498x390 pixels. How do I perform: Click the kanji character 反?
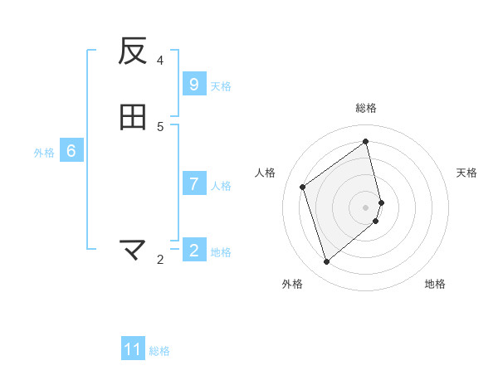pos(133,51)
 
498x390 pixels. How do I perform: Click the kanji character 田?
pos(133,118)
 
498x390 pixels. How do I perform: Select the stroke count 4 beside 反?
pos(160,60)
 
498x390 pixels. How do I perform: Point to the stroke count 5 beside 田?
pos(160,126)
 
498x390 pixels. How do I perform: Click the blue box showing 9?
pos(193,85)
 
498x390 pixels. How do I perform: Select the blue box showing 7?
pos(193,184)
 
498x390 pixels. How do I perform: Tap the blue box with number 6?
pos(71,151)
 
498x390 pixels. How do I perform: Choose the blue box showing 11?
pos(133,349)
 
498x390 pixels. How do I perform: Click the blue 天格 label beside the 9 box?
pos(221,86)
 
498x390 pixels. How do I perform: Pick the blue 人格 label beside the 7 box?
pos(221,186)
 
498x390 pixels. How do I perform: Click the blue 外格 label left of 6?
pos(44,153)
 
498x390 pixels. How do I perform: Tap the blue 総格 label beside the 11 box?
pos(159,351)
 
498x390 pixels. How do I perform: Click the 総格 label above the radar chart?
pos(366,108)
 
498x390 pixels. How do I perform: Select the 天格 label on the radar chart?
pos(467,173)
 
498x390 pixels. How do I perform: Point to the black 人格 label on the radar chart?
pos(266,173)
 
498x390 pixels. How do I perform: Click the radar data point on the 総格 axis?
pos(366,141)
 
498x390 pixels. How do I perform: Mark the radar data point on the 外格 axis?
pos(326,262)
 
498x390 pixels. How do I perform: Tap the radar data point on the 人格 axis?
pos(303,187)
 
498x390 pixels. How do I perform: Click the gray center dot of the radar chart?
pos(366,207)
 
